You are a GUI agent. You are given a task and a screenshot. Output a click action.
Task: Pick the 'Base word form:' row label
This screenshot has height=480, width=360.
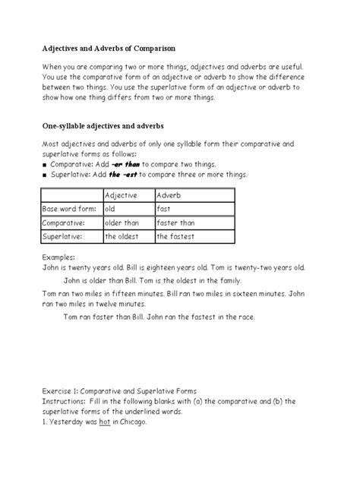pyautogui.click(x=68, y=209)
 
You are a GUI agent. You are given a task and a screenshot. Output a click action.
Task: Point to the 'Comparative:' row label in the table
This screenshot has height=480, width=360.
pyautogui.click(x=64, y=223)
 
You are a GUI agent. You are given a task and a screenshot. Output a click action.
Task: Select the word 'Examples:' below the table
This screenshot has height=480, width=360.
pyautogui.click(x=58, y=257)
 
